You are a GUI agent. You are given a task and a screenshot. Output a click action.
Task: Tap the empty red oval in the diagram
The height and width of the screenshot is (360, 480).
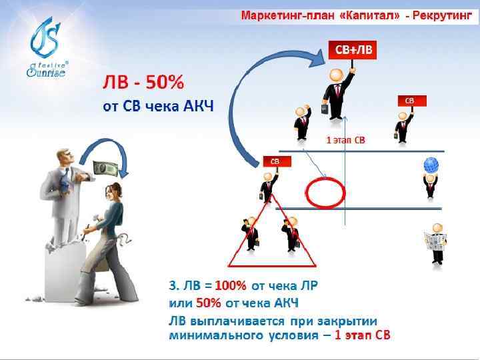pos(325,192)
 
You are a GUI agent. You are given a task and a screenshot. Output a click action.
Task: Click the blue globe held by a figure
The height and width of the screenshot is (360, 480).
pos(431,165)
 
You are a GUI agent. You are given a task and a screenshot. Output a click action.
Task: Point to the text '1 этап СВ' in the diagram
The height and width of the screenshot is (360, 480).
pos(345,140)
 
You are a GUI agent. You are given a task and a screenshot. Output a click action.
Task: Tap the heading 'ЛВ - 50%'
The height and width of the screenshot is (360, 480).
pos(143,85)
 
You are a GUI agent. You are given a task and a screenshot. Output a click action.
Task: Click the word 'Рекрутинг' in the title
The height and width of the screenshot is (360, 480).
pos(442,14)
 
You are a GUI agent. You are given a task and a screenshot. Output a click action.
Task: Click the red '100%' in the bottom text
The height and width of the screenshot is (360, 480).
pos(231,287)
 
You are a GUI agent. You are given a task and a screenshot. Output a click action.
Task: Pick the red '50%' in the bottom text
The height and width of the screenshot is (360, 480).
pos(208,303)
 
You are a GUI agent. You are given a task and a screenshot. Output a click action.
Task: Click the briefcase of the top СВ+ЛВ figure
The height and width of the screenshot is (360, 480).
pos(325,108)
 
